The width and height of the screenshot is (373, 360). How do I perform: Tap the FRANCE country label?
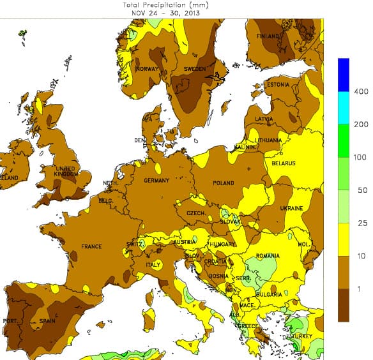pos(91,246)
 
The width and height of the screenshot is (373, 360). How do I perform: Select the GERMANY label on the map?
pos(156,181)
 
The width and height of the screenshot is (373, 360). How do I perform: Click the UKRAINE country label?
pos(291,209)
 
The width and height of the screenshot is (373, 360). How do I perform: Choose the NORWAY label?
pos(146,69)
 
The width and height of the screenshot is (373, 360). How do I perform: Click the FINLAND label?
pos(269,36)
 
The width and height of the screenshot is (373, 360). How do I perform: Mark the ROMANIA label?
pos(268,256)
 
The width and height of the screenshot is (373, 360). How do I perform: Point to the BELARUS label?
pos(284,163)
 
